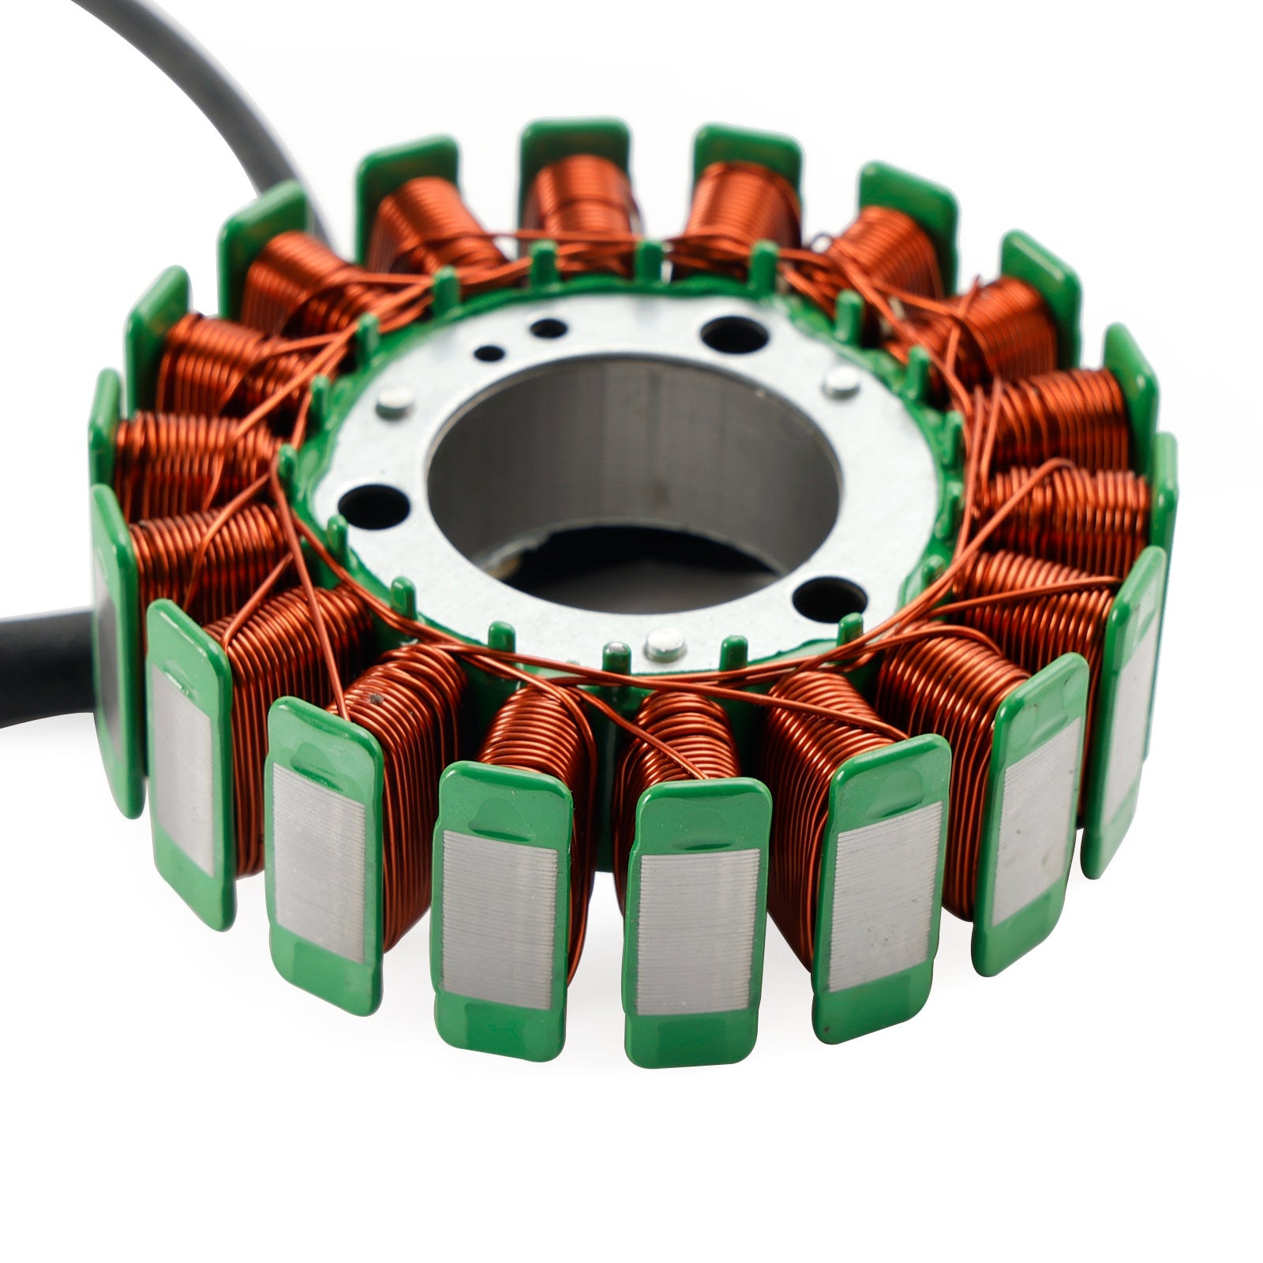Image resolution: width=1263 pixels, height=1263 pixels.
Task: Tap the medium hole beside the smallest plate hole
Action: click(543, 326)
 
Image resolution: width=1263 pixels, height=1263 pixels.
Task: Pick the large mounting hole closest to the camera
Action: click(818, 595)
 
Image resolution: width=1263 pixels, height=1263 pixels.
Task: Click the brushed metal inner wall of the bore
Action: click(631, 442)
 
